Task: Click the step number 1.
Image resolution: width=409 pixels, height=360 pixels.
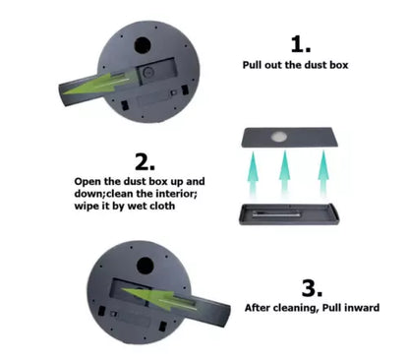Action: pos(301,44)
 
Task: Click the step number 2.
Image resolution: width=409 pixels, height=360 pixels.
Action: pos(145,162)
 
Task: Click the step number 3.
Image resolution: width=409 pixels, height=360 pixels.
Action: pos(312,288)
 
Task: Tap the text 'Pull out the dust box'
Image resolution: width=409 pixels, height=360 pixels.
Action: pos(295,65)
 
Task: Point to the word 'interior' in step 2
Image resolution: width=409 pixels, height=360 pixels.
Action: pos(176,194)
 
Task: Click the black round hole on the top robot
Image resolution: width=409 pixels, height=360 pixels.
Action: pos(143,45)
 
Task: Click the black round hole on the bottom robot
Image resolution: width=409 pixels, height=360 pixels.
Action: pos(145,266)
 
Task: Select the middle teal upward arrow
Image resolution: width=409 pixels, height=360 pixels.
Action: pos(285,172)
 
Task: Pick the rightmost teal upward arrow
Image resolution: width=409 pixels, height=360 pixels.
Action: pos(323,172)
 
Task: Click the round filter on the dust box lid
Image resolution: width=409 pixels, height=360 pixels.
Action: pos(279,137)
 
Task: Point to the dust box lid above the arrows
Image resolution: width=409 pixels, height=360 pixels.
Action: pos(290,138)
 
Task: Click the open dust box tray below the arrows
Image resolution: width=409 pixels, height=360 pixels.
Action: pos(289,214)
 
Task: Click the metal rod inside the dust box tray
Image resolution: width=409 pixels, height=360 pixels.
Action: pos(276,215)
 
